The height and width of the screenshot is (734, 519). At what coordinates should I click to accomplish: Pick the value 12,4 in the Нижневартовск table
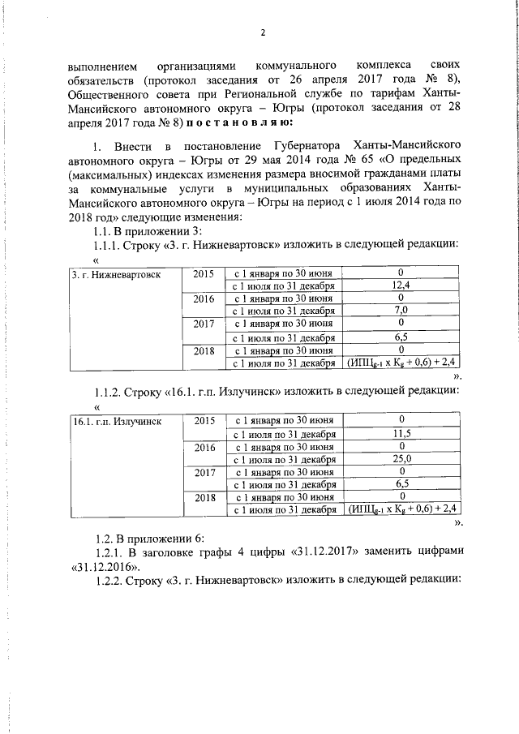click(x=400, y=285)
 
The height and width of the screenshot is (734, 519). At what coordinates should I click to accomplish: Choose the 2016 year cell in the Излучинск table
click(x=204, y=447)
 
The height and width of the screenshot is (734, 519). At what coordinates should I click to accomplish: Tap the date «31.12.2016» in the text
click(x=105, y=565)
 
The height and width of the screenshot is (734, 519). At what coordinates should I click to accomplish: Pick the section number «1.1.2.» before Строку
click(x=108, y=390)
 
